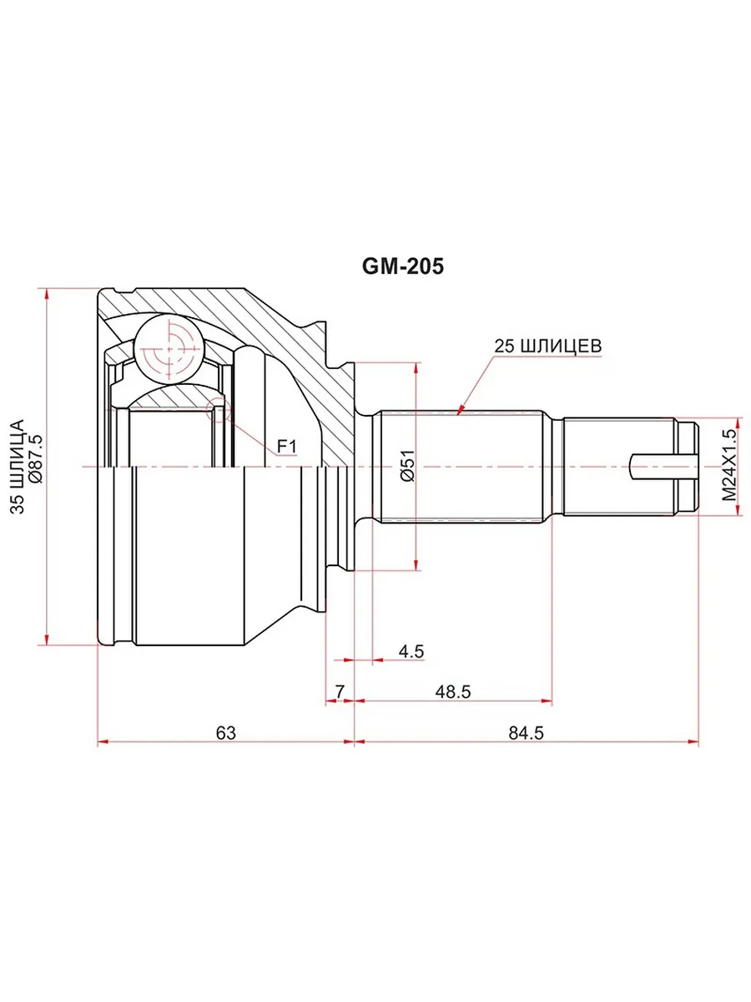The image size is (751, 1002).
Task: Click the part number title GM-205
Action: (403, 266)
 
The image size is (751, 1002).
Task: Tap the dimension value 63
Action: (225, 732)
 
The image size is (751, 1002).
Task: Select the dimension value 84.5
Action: (527, 732)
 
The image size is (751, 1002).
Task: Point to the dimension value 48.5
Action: (453, 692)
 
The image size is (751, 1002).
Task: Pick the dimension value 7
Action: (340, 692)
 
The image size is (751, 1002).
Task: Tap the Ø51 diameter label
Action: (407, 466)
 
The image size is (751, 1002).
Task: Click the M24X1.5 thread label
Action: (729, 465)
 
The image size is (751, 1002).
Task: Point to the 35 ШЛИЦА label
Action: (17, 467)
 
